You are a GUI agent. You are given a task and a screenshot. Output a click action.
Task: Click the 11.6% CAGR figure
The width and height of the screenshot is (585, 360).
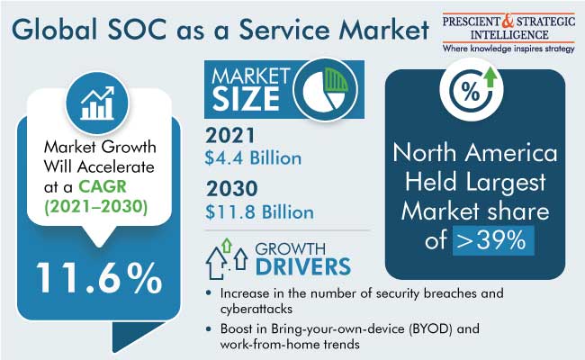pos(99,277)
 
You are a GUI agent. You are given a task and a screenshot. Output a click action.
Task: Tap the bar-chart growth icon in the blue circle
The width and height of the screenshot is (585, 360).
pos(97,103)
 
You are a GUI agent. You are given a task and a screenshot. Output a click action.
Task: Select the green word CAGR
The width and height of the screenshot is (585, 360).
pos(103,186)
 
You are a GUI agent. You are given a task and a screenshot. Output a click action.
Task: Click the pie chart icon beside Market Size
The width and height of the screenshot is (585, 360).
pos(325,89)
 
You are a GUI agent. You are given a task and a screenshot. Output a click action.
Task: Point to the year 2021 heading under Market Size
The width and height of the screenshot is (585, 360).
pos(230,135)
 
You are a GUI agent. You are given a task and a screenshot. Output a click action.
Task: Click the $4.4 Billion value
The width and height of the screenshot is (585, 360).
pos(253,157)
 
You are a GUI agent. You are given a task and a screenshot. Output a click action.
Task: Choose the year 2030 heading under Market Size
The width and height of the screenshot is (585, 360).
pos(231,188)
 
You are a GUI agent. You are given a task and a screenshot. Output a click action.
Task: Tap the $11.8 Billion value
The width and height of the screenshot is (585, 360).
pos(260,211)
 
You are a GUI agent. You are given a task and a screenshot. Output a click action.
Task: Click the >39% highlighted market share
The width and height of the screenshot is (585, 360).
pos(492,240)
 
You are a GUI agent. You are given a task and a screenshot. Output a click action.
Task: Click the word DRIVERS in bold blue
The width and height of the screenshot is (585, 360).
pos(303,266)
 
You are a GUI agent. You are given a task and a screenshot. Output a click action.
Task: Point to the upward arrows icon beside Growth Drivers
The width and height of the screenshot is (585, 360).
pos(226,259)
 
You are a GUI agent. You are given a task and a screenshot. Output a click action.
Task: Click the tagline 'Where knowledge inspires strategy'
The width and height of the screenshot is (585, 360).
pos(508,49)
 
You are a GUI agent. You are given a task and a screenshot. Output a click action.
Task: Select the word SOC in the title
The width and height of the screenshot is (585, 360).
pos(137,30)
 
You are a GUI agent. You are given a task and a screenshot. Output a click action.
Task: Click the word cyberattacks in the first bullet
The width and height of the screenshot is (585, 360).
pos(256,309)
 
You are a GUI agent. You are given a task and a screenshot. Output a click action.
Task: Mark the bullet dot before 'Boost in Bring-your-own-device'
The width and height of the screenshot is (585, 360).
pos(209,329)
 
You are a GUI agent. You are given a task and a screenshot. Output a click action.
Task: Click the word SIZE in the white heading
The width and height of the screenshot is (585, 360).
pos(246,99)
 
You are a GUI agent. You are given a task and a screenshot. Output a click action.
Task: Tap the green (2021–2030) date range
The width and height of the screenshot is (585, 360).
pos(96,207)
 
